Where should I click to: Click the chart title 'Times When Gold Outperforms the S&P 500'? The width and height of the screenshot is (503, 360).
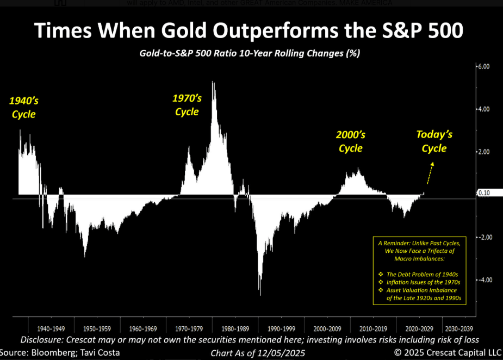(249, 31)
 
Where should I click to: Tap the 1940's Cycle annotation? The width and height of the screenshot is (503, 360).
(23, 107)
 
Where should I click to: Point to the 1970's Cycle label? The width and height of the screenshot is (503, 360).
(187, 105)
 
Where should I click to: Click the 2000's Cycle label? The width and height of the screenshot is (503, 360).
(350, 141)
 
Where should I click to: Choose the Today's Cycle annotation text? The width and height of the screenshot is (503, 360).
(434, 141)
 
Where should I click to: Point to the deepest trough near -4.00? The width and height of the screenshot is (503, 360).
(260, 294)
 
